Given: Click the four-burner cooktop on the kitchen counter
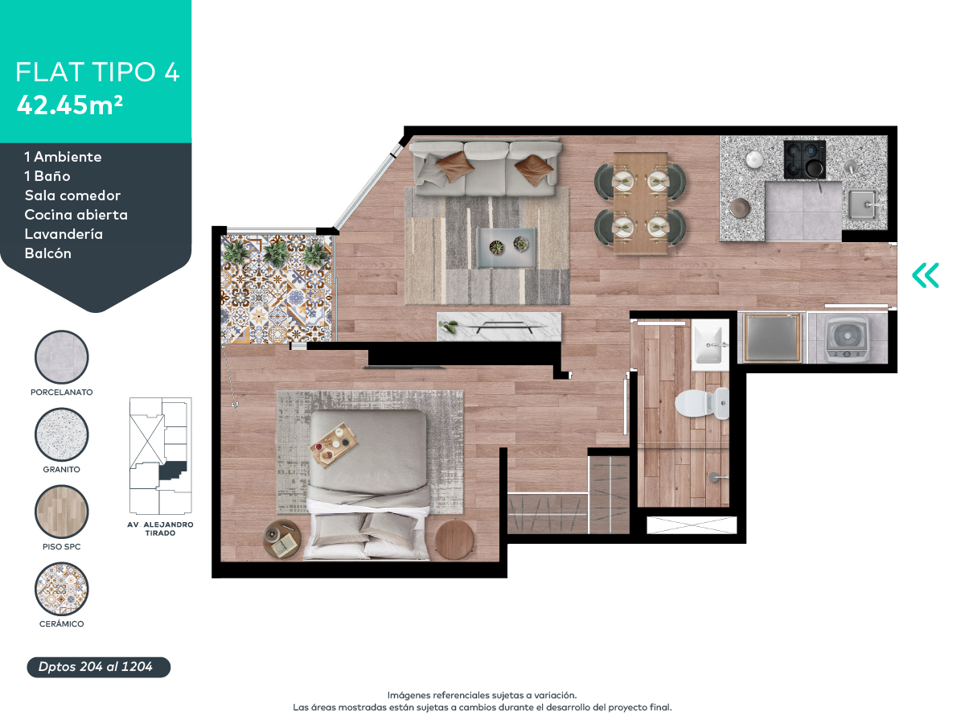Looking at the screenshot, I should tap(804, 159).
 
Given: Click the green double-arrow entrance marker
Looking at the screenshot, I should tap(926, 275).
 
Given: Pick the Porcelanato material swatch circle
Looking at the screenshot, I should tap(62, 357).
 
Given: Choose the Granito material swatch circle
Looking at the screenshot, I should tap(62, 435).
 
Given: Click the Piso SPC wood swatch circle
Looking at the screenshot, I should tap(62, 512).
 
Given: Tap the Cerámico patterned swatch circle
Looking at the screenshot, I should tap(62, 589).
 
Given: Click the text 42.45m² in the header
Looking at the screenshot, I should tap(69, 105).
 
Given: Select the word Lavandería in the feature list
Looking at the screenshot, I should tap(64, 234).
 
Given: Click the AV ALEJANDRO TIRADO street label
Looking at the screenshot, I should tap(160, 529).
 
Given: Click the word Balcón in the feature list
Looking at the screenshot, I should tap(48, 253).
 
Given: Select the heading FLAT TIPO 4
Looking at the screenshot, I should tap(97, 72).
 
